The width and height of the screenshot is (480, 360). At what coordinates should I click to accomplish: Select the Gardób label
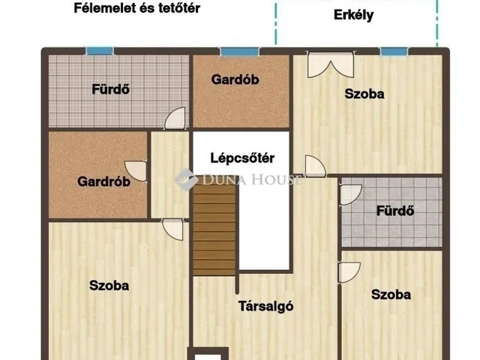[x=235, y=79]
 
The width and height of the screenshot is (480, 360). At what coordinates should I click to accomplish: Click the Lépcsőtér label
[x=241, y=158]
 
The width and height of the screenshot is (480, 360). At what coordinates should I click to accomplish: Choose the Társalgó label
[x=265, y=305]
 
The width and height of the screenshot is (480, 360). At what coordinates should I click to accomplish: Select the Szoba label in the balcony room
[x=364, y=94]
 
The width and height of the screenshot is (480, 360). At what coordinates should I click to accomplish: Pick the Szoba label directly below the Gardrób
[x=109, y=285]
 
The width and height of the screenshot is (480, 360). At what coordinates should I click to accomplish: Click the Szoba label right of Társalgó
[x=391, y=295]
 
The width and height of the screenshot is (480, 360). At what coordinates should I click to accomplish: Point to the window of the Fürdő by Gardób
[x=99, y=50]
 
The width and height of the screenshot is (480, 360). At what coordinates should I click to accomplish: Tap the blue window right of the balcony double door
[x=393, y=52]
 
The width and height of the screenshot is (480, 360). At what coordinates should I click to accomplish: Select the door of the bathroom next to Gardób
[x=175, y=118]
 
